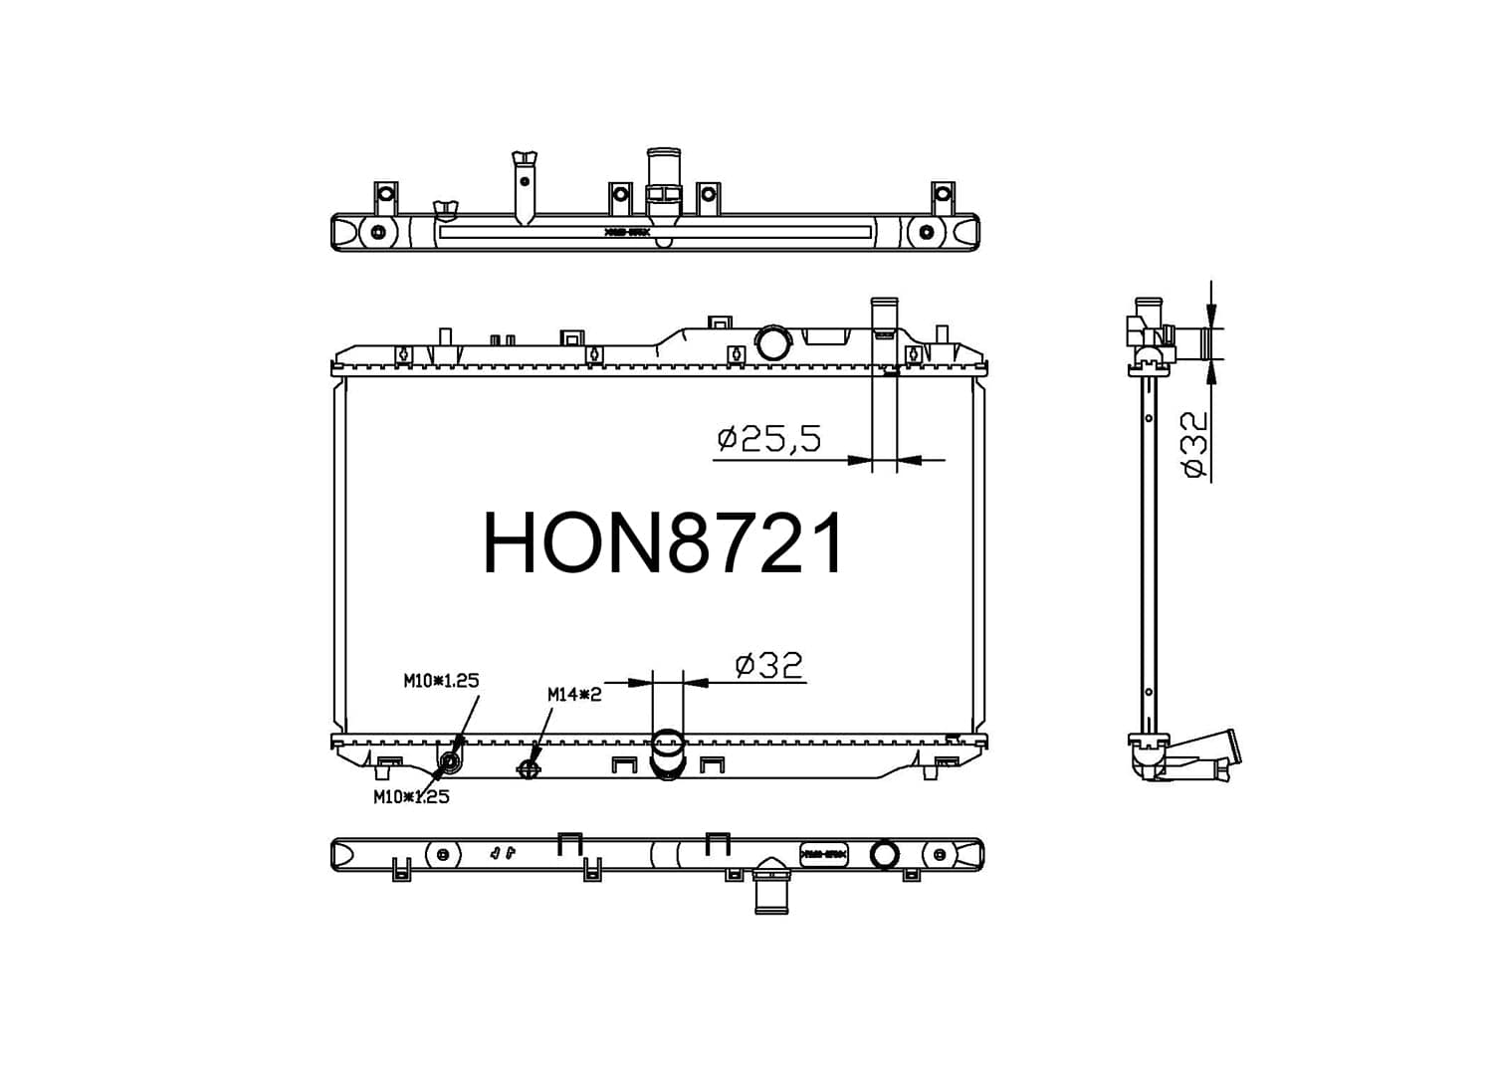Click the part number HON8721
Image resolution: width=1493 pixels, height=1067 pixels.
pyautogui.click(x=664, y=543)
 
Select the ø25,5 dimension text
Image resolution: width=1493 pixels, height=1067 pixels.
pyautogui.click(x=769, y=438)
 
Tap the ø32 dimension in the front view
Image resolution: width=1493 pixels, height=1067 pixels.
pyautogui.click(x=768, y=665)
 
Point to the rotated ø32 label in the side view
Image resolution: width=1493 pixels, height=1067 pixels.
pyautogui.click(x=1193, y=445)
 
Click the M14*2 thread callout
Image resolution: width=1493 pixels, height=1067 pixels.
pyautogui.click(x=574, y=695)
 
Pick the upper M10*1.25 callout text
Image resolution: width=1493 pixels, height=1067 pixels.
pyautogui.click(x=441, y=681)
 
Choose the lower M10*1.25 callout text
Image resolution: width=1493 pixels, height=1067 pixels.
pyautogui.click(x=411, y=796)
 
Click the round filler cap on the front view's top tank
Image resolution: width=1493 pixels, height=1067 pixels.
pyautogui.click(x=771, y=342)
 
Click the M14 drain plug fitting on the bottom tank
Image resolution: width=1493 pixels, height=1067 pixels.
pyautogui.click(x=529, y=767)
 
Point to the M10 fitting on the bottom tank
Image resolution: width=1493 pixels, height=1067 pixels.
pyautogui.click(x=450, y=763)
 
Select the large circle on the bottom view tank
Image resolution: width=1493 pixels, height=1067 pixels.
pyautogui.click(x=883, y=855)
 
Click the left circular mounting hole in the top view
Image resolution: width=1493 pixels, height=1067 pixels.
pyautogui.click(x=377, y=233)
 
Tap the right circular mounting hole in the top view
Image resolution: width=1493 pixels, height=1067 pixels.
pyautogui.click(x=927, y=233)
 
